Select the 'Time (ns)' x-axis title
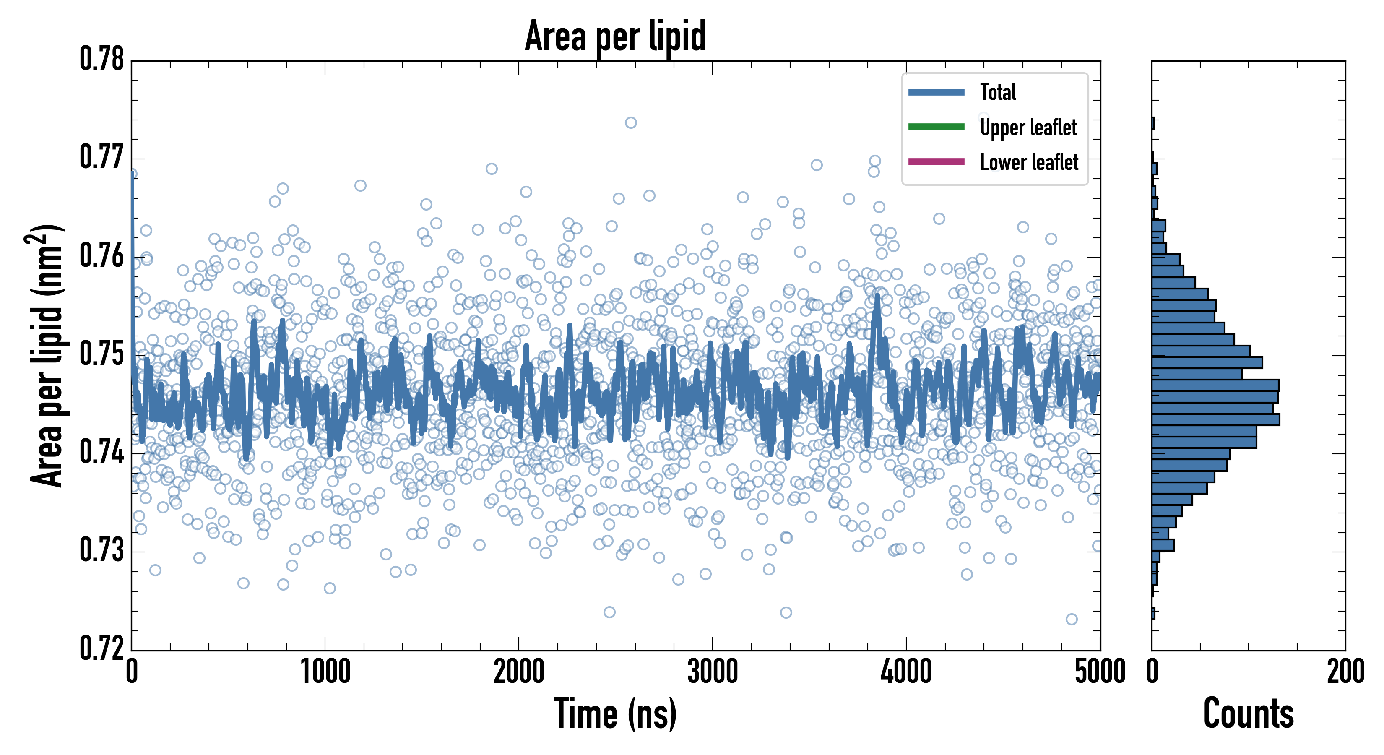pyautogui.click(x=615, y=713)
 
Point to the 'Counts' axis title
pyautogui.click(x=1248, y=713)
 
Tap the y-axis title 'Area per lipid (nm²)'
pyautogui.click(x=46, y=356)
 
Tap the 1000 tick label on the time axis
pyautogui.click(x=325, y=672)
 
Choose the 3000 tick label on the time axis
pyautogui.click(x=713, y=672)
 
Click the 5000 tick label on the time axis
pyautogui.click(x=1100, y=672)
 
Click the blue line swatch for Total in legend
pyautogui.click(x=936, y=92)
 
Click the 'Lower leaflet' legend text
pyautogui.click(x=1029, y=162)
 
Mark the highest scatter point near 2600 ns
pyautogui.click(x=631, y=122)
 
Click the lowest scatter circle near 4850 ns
pyautogui.click(x=1071, y=619)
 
